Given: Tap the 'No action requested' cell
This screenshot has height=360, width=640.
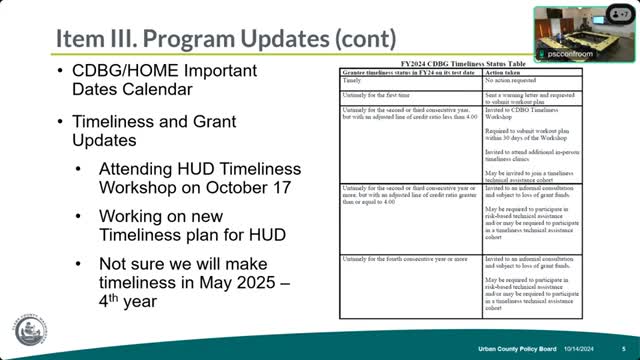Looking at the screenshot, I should coord(512,81).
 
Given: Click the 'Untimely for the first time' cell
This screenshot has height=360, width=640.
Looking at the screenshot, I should coord(381,91).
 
